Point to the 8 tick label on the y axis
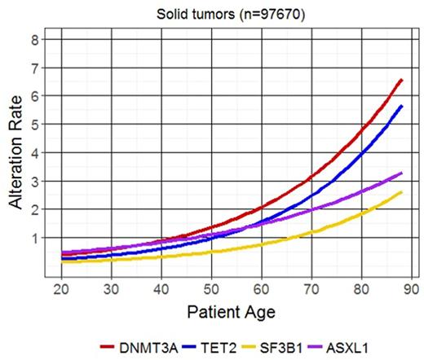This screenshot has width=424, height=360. (x=34, y=40)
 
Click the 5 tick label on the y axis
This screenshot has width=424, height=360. (x=34, y=125)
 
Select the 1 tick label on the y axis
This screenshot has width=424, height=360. (x=34, y=238)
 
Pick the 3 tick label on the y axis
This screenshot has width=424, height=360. (x=34, y=181)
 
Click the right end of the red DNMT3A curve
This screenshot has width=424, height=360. (x=400, y=80)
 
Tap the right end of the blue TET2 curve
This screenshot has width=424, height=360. (x=400, y=106)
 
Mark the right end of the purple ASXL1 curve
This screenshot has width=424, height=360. (x=400, y=173)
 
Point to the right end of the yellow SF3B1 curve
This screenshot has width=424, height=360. (x=400, y=193)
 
